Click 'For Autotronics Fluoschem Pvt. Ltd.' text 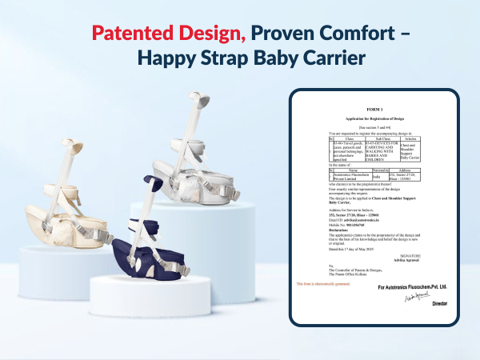[x=412, y=286]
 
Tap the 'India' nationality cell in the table [x=374, y=182]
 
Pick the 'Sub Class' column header [x=387, y=138]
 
